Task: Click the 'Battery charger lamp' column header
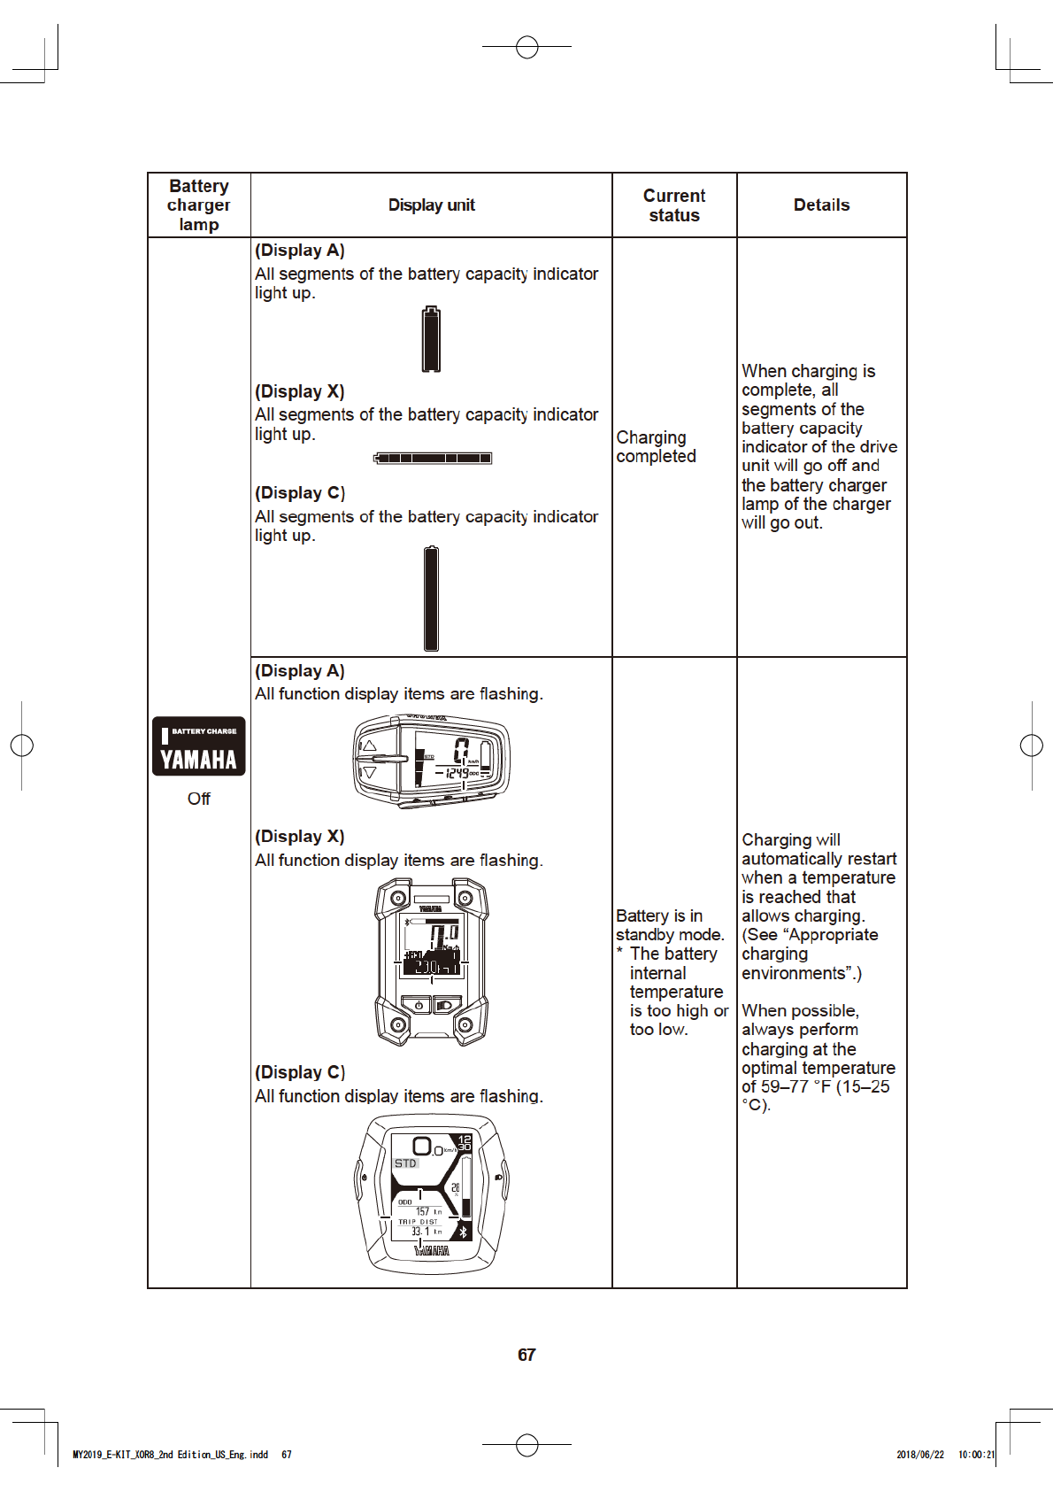point(199,205)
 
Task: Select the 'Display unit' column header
point(431,205)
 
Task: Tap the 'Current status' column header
point(674,205)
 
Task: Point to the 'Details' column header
point(821,205)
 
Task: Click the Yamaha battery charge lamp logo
point(199,745)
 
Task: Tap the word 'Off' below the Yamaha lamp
point(199,799)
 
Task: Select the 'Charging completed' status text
point(656,447)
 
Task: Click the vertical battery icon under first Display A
point(431,339)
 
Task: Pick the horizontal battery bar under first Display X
point(433,458)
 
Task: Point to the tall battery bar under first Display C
point(431,599)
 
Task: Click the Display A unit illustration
point(431,762)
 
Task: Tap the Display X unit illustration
point(432,962)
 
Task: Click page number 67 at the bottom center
point(526,1355)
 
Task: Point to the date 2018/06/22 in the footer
point(920,1455)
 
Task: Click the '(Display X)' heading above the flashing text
point(300,837)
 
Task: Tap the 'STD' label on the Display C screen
point(405,1163)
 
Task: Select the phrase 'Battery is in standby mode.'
point(670,925)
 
